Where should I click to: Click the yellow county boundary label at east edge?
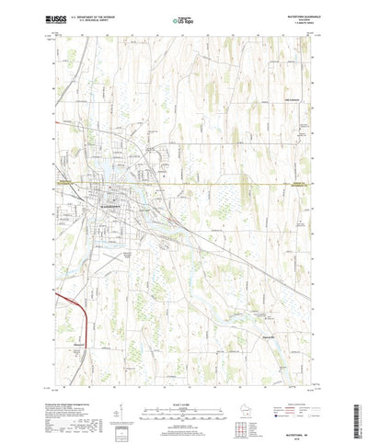[x=304, y=182]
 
